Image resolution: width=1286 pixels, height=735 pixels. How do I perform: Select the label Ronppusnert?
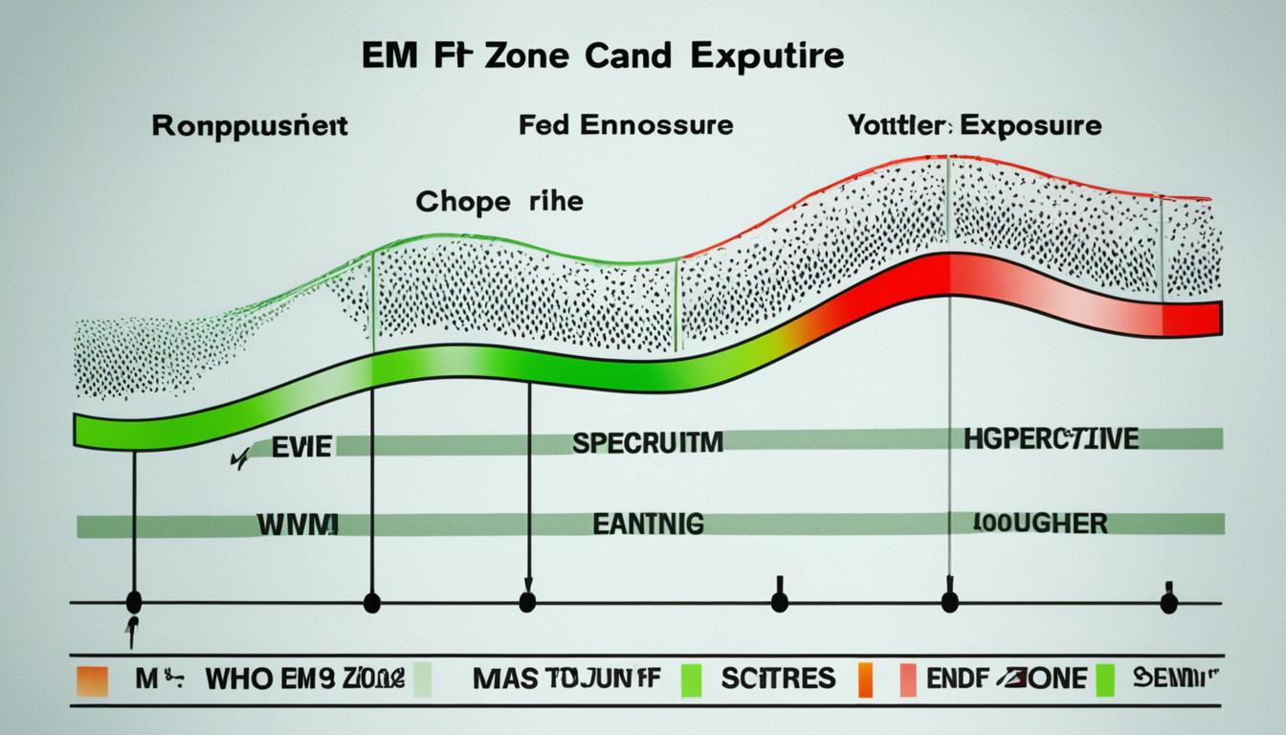pos(250,126)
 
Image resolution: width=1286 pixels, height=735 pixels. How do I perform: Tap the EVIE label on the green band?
pos(300,446)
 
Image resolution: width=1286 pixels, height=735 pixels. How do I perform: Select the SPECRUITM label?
pos(648,442)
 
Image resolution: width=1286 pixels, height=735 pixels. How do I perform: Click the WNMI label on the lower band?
pos(297,524)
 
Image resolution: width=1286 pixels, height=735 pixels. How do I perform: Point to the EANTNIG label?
pos(648,523)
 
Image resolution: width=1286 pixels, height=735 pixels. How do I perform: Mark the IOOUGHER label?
pos(1041,523)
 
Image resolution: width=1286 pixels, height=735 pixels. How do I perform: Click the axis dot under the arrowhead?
pos(526,602)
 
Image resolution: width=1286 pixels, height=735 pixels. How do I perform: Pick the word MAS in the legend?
pos(498,680)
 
